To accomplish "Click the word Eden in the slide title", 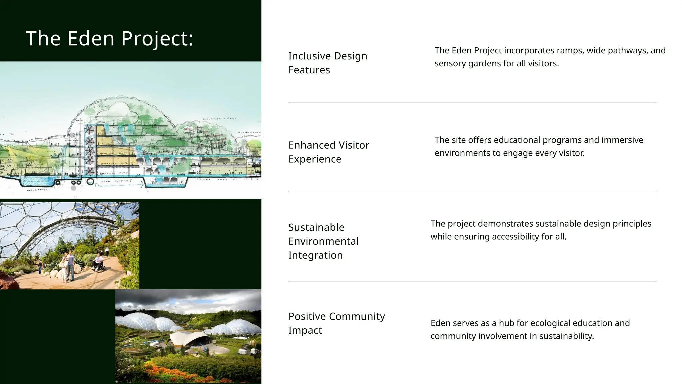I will point(91,38).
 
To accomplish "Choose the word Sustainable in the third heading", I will point(316,227).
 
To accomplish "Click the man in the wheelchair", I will point(99,262).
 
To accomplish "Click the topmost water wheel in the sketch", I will point(89,130).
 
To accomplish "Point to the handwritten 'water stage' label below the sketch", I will point(37,190).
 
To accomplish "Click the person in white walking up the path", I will point(107,251).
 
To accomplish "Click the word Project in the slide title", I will point(157,38).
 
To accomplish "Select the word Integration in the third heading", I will point(315,255).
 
